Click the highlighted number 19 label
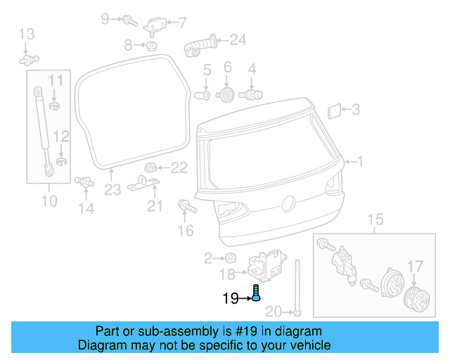click(x=230, y=298)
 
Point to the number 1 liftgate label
click(x=361, y=162)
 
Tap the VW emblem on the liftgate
click(x=287, y=204)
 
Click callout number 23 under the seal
click(x=113, y=189)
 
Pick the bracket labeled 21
click(x=143, y=188)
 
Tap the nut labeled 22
click(x=150, y=168)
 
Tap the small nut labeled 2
click(x=230, y=258)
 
